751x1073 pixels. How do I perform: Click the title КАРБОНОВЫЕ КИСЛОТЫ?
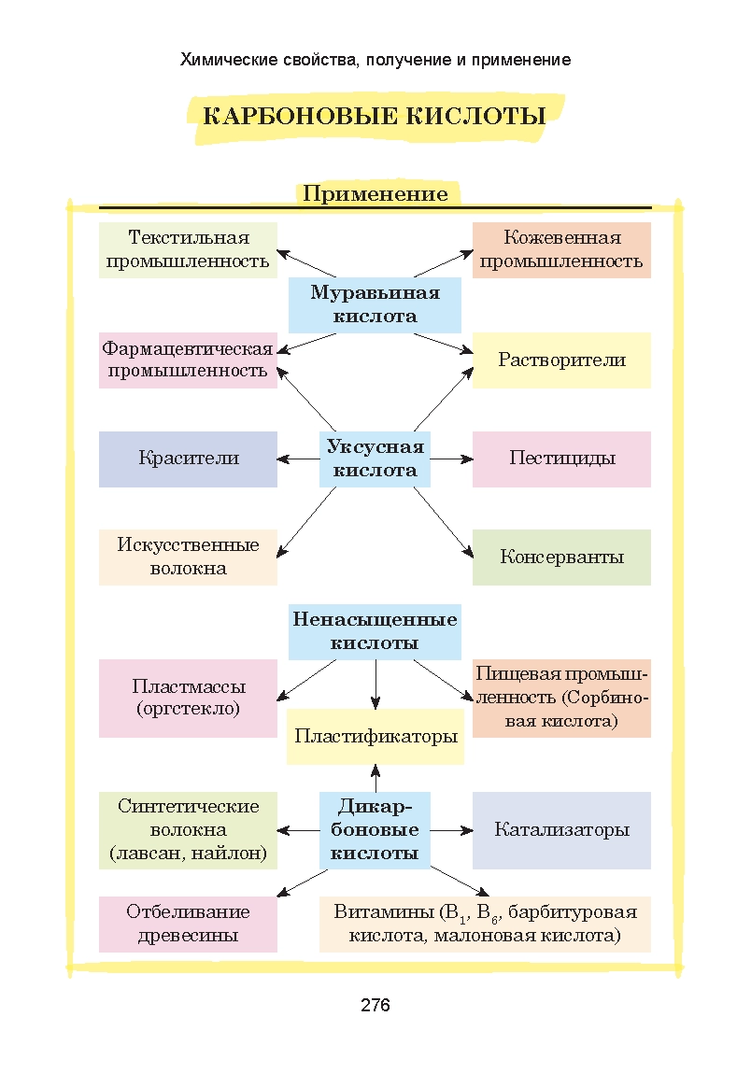[x=375, y=117]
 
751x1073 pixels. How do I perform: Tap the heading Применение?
[x=375, y=194]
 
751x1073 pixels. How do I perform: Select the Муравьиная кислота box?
[x=375, y=304]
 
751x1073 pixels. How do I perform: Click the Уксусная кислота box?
[x=375, y=459]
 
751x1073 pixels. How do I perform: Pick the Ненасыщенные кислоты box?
[x=375, y=631]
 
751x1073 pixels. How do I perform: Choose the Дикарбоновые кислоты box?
[x=375, y=829]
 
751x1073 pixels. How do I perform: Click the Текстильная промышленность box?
[x=188, y=249]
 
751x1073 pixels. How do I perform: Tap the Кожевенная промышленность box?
[x=561, y=249]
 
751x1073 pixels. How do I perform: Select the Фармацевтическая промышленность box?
[x=188, y=360]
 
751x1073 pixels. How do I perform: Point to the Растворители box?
[x=561, y=360]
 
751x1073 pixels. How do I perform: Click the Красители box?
[x=188, y=459]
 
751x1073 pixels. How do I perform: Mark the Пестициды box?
[x=561, y=459]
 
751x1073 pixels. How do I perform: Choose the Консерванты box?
[x=561, y=558]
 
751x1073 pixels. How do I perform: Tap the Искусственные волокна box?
[x=188, y=557]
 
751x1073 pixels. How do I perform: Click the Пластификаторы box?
[x=375, y=737]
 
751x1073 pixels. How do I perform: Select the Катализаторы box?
[x=561, y=830]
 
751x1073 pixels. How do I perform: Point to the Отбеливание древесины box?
[x=188, y=924]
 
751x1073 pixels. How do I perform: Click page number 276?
[x=375, y=1006]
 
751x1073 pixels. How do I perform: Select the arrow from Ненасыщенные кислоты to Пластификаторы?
[x=375, y=684]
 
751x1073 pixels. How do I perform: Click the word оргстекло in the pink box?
[x=188, y=709]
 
